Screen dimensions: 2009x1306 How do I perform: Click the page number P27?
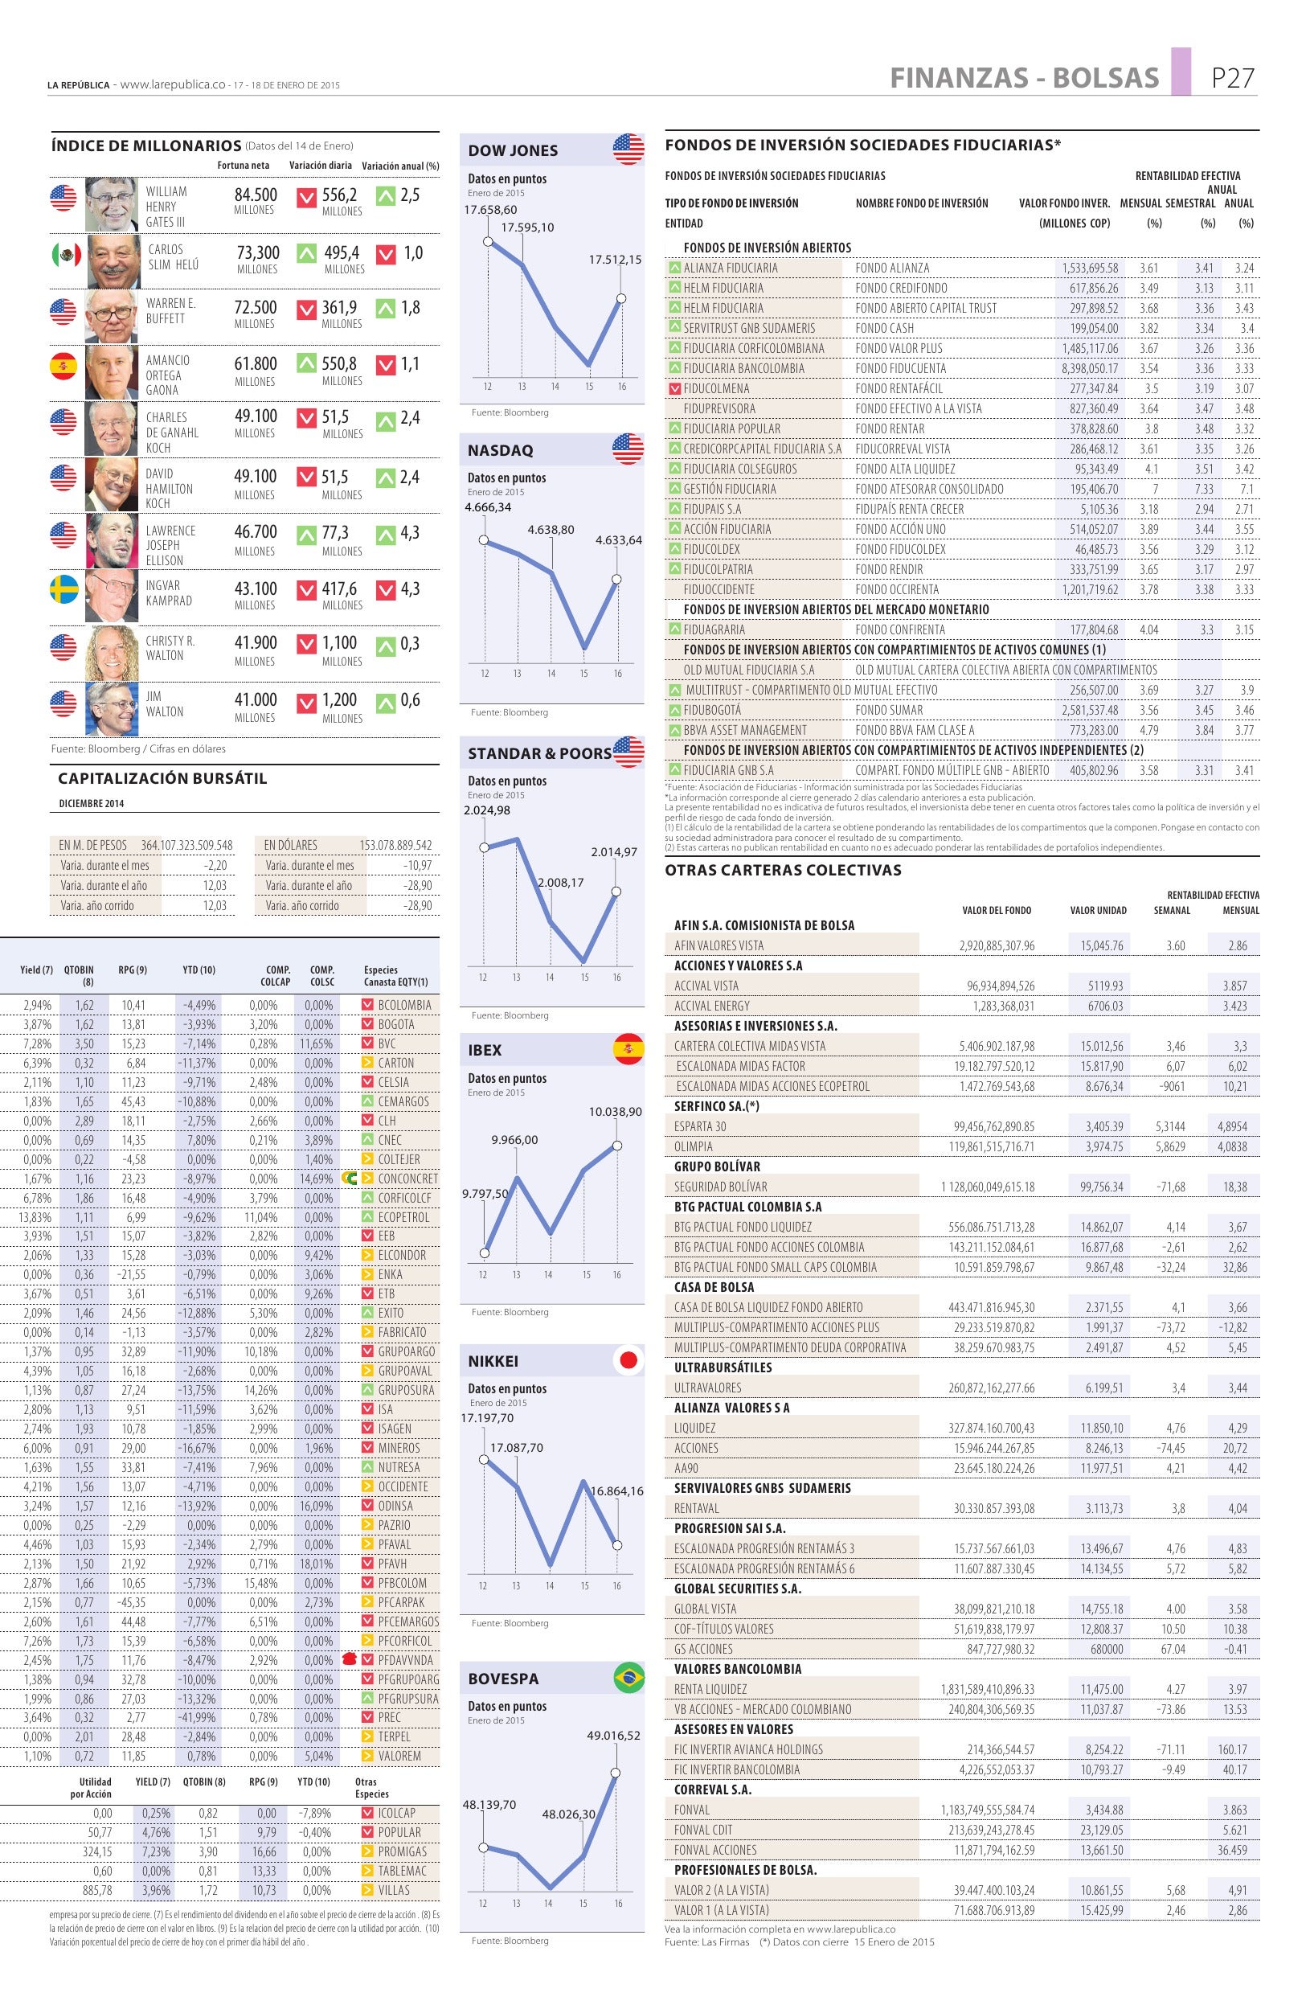click(1233, 78)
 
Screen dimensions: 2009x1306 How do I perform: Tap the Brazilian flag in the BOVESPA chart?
click(628, 1678)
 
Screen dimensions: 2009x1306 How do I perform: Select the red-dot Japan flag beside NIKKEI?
click(628, 1360)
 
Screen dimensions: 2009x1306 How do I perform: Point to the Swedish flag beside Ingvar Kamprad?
click(63, 590)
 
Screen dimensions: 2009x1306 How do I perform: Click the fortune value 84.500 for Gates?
click(256, 195)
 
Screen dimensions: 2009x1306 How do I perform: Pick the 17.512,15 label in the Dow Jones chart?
click(614, 260)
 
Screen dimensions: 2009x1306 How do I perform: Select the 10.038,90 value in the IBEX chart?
click(615, 1112)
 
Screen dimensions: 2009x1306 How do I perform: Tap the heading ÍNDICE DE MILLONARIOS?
click(146, 146)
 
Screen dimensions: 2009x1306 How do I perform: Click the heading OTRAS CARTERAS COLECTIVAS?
click(783, 871)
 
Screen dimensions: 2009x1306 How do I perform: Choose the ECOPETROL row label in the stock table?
click(403, 1217)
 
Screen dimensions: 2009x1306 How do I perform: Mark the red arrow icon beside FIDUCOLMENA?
click(674, 389)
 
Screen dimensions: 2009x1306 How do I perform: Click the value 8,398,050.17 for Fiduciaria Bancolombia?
click(1089, 369)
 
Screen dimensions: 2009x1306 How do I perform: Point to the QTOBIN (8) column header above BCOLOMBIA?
click(79, 975)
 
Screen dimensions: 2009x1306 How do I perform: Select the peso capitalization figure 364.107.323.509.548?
click(186, 845)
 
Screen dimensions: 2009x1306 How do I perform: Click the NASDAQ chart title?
click(500, 451)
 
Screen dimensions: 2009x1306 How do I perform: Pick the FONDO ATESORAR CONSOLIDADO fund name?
click(929, 490)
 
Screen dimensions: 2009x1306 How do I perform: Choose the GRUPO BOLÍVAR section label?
click(717, 1166)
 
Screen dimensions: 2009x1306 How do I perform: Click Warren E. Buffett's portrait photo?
click(112, 317)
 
